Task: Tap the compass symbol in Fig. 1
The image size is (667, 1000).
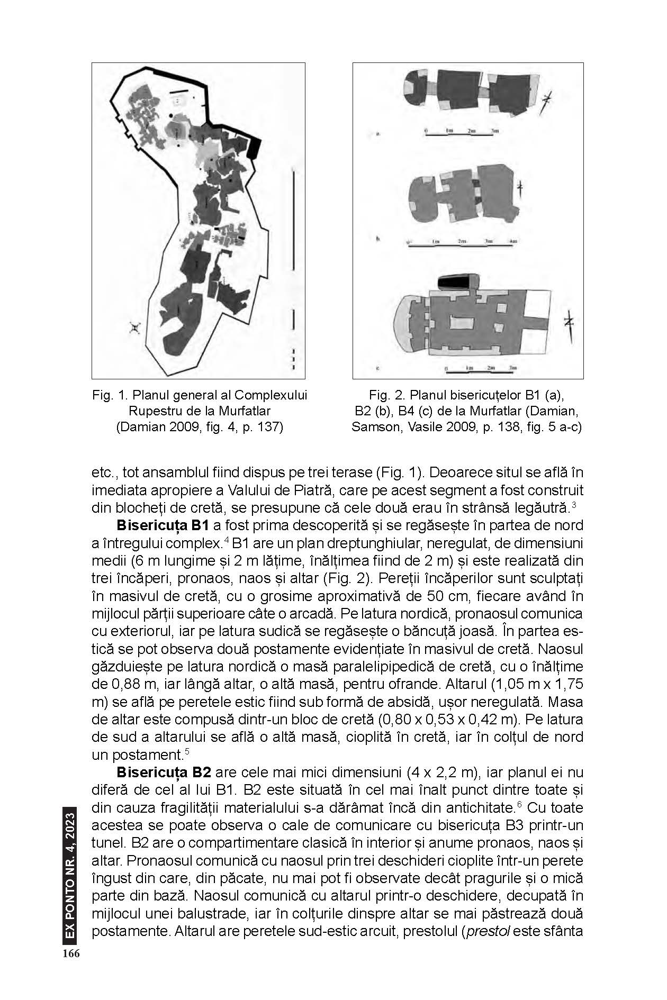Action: [136, 329]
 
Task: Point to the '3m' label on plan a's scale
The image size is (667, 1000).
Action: [495, 130]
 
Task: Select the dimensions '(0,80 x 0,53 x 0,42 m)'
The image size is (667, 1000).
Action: [438, 720]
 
